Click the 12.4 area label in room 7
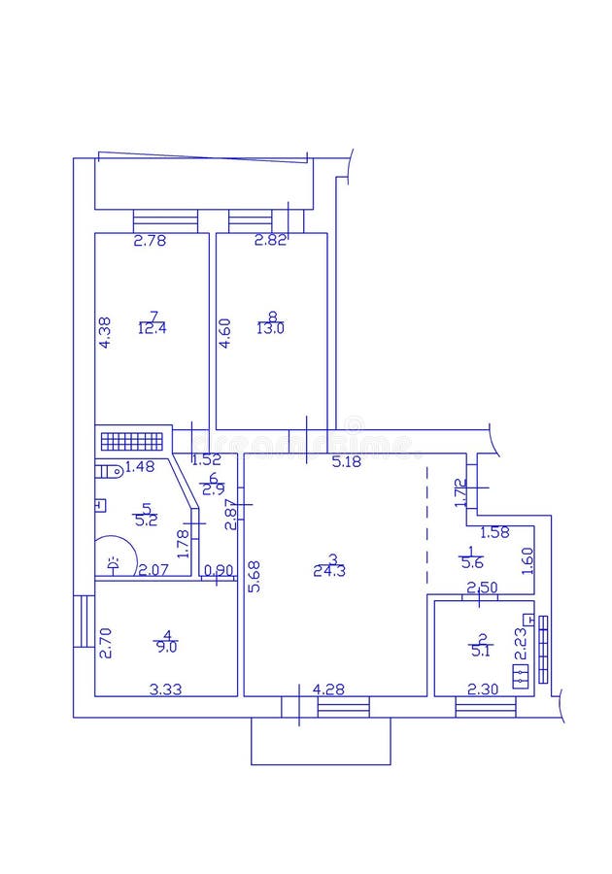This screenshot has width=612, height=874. [x=153, y=328]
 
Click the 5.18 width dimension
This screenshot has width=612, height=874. [x=346, y=462]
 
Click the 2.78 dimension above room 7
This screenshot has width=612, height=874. [x=150, y=241]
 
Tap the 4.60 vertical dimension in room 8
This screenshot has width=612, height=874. [x=224, y=333]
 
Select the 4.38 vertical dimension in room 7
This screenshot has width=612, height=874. [x=104, y=333]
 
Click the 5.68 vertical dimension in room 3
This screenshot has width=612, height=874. [x=254, y=576]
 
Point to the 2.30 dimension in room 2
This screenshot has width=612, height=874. [x=483, y=689]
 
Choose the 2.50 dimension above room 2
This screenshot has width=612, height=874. [x=483, y=588]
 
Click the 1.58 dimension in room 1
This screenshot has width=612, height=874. [x=496, y=532]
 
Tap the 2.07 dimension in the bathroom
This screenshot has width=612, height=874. [x=153, y=570]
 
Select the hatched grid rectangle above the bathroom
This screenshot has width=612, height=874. [x=132, y=441]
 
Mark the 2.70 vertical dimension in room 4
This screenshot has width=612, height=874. [x=104, y=644]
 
